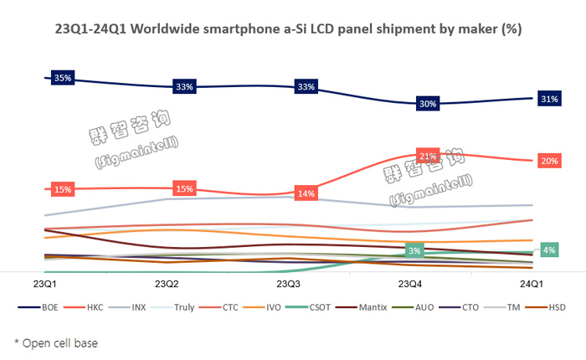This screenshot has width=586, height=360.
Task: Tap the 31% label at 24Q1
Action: click(550, 99)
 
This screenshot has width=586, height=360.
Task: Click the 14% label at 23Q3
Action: click(306, 193)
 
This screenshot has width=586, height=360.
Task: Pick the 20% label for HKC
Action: click(550, 161)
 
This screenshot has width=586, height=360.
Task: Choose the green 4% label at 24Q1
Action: click(550, 250)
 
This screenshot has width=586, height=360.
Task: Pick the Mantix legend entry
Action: click(372, 307)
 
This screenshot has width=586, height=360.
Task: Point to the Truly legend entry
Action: click(181, 307)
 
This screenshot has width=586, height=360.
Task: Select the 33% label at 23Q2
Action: click(184, 86)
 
